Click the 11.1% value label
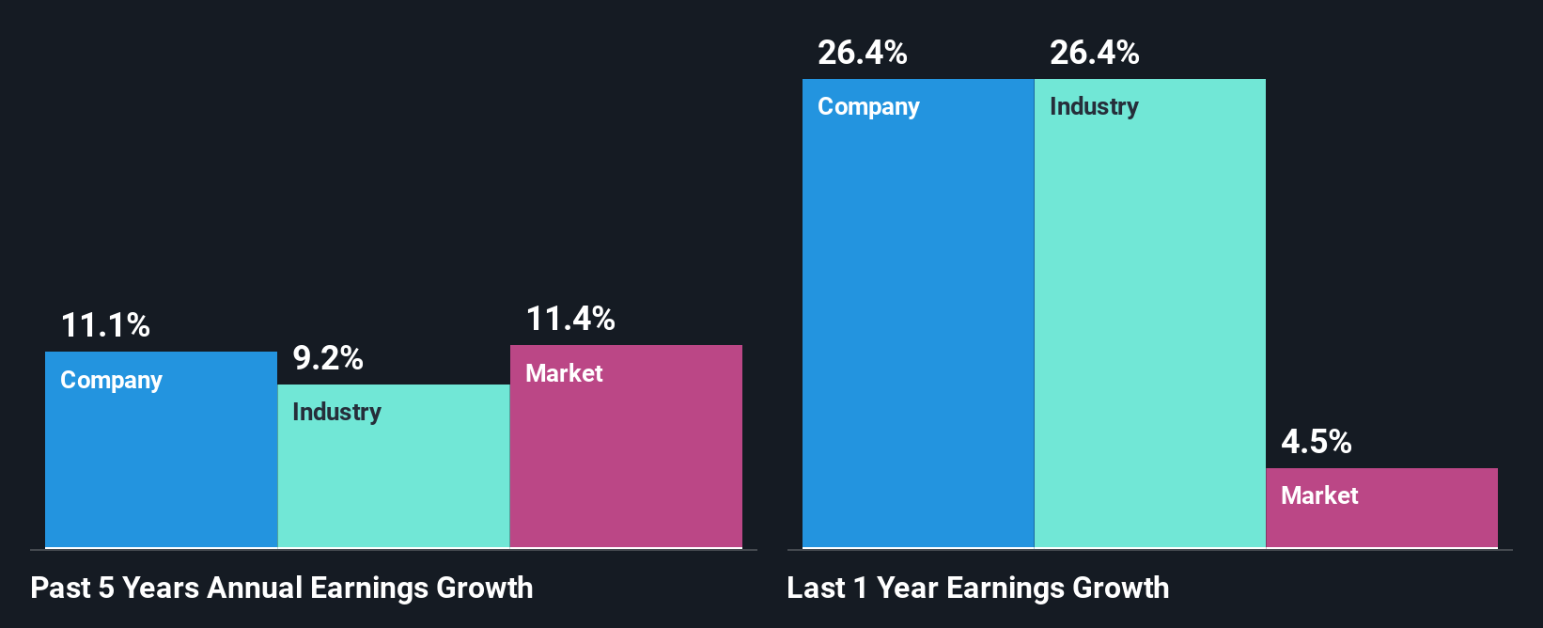(x=105, y=326)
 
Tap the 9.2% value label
(x=328, y=358)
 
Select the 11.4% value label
(x=570, y=320)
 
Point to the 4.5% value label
(x=1317, y=442)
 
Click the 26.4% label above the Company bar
(x=863, y=53)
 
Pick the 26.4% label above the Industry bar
(x=1095, y=53)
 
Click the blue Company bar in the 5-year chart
(x=161, y=461)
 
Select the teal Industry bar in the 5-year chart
(x=394, y=479)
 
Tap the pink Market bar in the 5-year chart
(x=626, y=461)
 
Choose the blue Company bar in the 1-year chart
(x=918, y=329)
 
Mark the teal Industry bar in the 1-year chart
(x=1150, y=329)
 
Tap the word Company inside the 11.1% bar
(x=111, y=381)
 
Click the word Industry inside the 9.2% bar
(x=336, y=413)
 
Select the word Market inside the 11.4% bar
(x=564, y=374)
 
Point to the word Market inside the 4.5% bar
(x=1319, y=496)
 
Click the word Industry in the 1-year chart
(x=1094, y=107)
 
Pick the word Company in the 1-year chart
(x=868, y=107)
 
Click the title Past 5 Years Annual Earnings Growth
(x=282, y=589)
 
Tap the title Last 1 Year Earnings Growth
(x=978, y=589)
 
